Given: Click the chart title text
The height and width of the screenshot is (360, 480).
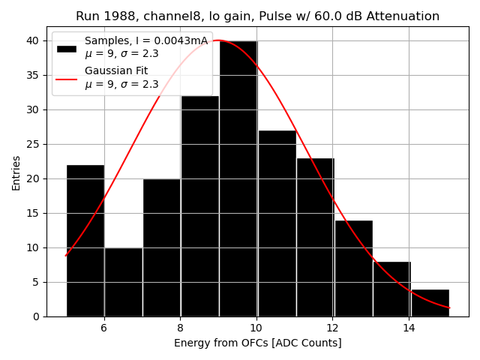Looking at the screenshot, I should coord(257,16).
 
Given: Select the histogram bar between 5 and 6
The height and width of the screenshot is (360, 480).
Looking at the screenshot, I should coord(85,240).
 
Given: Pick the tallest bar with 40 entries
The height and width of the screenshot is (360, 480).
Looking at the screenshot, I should coord(238,180).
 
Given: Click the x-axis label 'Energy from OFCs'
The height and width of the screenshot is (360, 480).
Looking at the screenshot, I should coord(257,343).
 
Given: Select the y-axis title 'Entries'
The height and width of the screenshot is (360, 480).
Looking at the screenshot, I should coord(16,172).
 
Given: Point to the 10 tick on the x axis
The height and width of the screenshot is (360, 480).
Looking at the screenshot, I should coord(256,328).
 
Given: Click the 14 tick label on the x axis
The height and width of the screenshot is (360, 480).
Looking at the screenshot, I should coord(409,328).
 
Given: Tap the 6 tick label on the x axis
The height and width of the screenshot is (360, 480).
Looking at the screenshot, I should coord(103,328).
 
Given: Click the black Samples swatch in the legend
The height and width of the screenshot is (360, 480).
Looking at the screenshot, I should coord(66,48).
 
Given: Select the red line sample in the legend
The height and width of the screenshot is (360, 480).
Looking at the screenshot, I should coord(66,78).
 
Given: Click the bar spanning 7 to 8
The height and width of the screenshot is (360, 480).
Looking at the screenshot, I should coord(161,247).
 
